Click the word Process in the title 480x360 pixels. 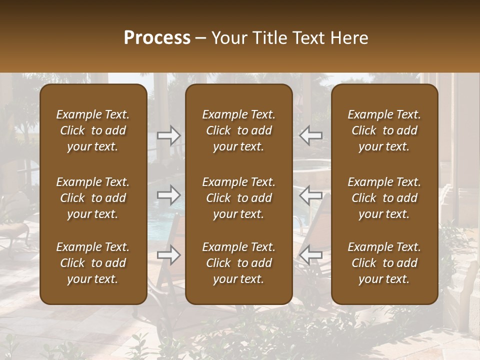pyautogui.click(x=157, y=37)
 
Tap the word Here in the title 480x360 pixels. pyautogui.click(x=349, y=37)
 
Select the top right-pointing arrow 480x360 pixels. pyautogui.click(x=169, y=135)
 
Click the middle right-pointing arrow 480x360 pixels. pyautogui.click(x=169, y=195)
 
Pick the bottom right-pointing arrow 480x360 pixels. pyautogui.click(x=169, y=255)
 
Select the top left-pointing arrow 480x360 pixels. pyautogui.click(x=310, y=135)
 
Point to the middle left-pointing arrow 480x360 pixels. pyautogui.click(x=310, y=195)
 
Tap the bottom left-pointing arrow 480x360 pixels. pyautogui.click(x=310, y=255)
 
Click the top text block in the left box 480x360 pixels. pyautogui.click(x=93, y=130)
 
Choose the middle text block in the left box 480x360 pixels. pyautogui.click(x=93, y=198)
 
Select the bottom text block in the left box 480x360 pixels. pyautogui.click(x=93, y=263)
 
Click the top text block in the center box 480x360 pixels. pyautogui.click(x=239, y=130)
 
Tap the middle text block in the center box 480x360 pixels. pyautogui.click(x=239, y=198)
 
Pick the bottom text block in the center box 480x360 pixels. pyautogui.click(x=239, y=263)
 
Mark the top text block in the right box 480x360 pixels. pyautogui.click(x=384, y=130)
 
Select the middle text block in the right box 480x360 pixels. pyautogui.click(x=384, y=198)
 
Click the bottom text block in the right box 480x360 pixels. pyautogui.click(x=384, y=263)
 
